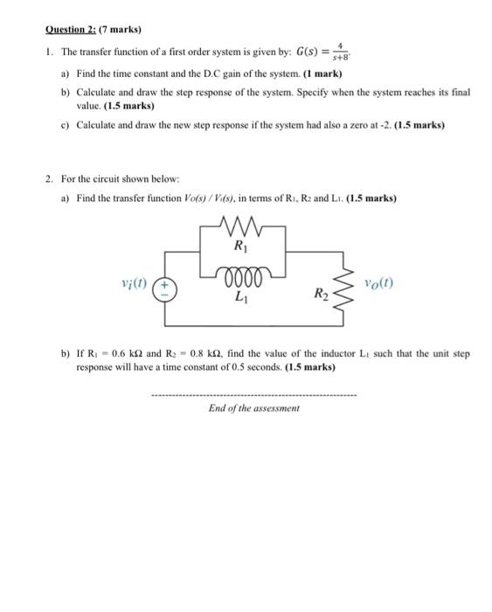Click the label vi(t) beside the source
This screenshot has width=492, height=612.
tap(135, 285)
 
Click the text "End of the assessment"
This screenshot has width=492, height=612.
tap(254, 407)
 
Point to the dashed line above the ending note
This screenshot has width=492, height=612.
tap(254, 394)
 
